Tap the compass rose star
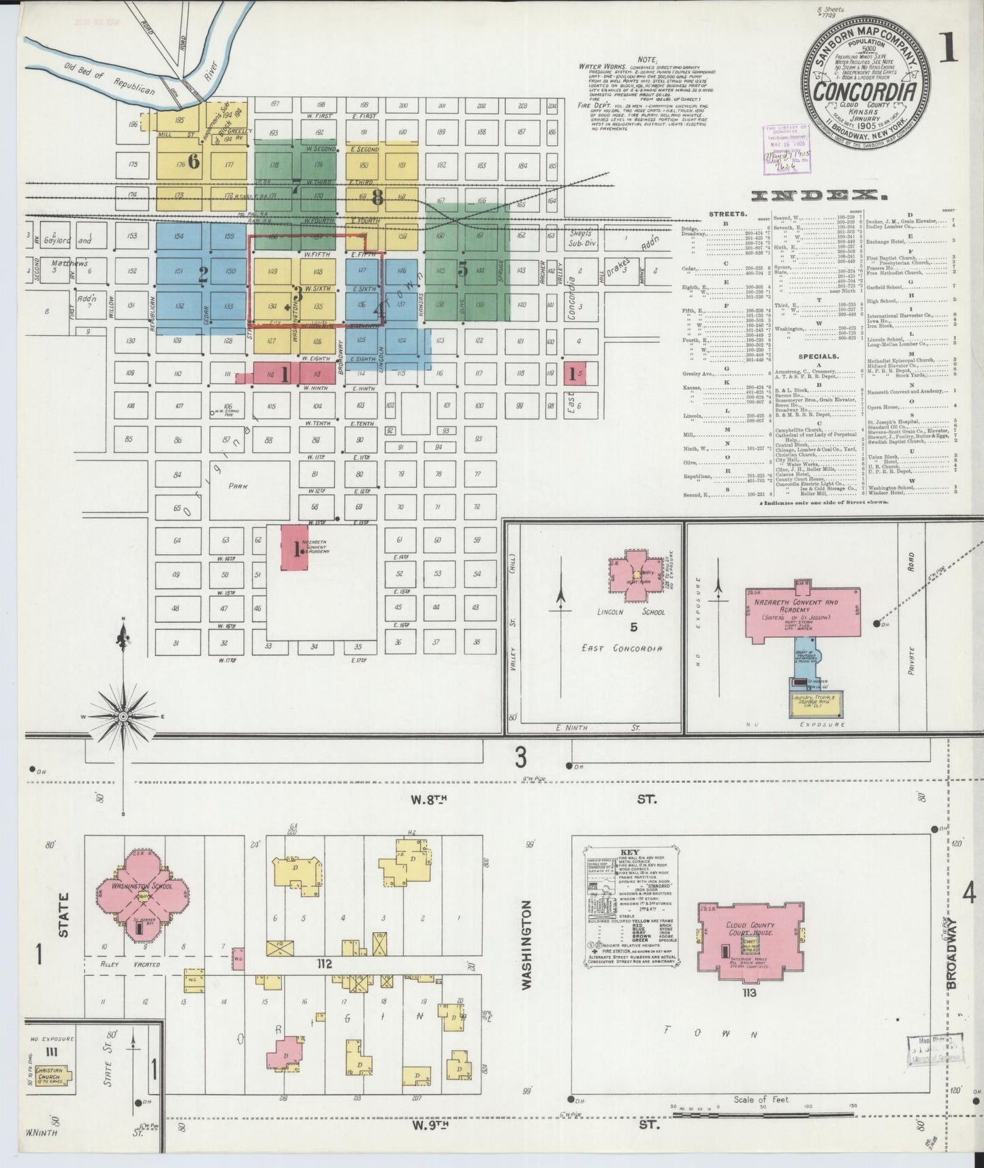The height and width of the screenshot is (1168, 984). [x=123, y=717]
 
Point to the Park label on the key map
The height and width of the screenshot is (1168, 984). [x=238, y=486]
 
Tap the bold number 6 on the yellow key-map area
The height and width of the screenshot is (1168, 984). [x=194, y=162]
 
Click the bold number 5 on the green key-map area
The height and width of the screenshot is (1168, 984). [x=463, y=270]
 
